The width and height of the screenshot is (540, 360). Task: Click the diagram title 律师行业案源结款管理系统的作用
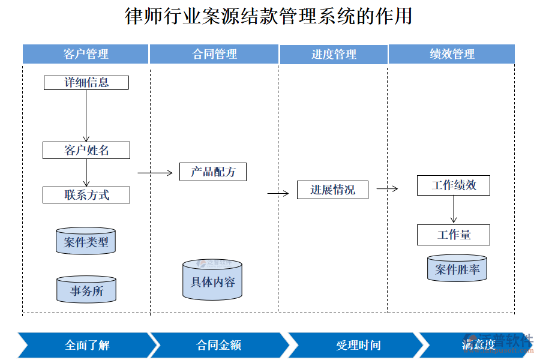click(x=269, y=16)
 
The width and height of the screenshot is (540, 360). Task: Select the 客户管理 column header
click(x=86, y=54)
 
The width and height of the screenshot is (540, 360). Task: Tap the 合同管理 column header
click(x=214, y=54)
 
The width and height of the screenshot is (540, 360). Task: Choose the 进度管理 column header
click(x=333, y=54)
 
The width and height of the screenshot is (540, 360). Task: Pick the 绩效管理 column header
click(x=452, y=54)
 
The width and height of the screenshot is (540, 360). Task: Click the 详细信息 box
click(x=86, y=82)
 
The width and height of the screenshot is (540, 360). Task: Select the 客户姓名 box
click(x=86, y=150)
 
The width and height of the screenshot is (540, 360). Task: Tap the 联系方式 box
click(x=86, y=195)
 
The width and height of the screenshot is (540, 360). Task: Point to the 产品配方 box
click(x=213, y=172)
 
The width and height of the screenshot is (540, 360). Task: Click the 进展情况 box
click(x=332, y=190)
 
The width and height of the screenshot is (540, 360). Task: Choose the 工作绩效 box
click(x=454, y=185)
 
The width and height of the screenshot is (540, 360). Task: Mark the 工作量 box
click(x=454, y=235)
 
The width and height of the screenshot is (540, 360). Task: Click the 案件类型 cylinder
click(x=86, y=241)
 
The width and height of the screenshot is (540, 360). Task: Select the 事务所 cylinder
click(x=86, y=290)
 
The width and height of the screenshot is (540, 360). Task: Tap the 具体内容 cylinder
click(x=212, y=281)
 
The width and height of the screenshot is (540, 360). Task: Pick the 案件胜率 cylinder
click(x=457, y=269)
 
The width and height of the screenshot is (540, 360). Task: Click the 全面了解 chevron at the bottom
click(x=87, y=345)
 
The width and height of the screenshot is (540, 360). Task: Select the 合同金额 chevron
click(x=218, y=345)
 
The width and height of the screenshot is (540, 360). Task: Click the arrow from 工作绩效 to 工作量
click(x=454, y=209)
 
